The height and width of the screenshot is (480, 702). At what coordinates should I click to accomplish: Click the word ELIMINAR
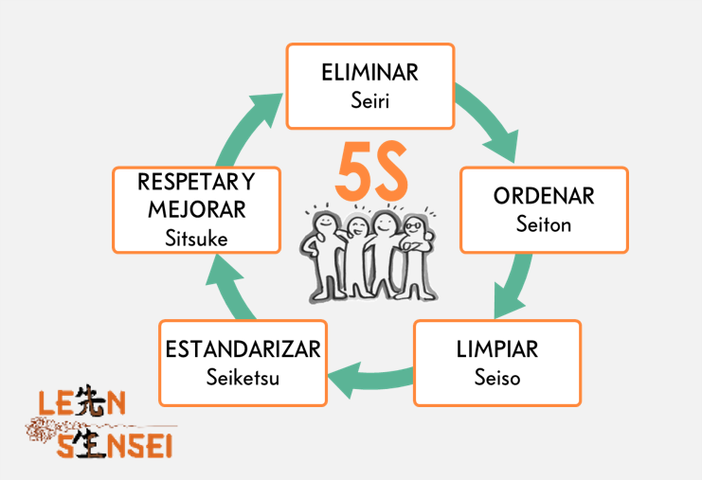click(369, 73)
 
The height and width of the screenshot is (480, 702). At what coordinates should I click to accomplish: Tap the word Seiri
click(369, 99)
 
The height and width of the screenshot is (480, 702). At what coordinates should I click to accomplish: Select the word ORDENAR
click(544, 197)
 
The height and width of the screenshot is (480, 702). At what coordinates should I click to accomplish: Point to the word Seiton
click(544, 224)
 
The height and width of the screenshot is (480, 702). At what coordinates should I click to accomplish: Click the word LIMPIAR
click(497, 349)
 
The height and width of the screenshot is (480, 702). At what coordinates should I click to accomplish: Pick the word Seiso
click(497, 377)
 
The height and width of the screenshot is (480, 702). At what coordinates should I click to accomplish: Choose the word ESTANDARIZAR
click(243, 349)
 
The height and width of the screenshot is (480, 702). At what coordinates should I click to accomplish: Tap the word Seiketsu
click(243, 377)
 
